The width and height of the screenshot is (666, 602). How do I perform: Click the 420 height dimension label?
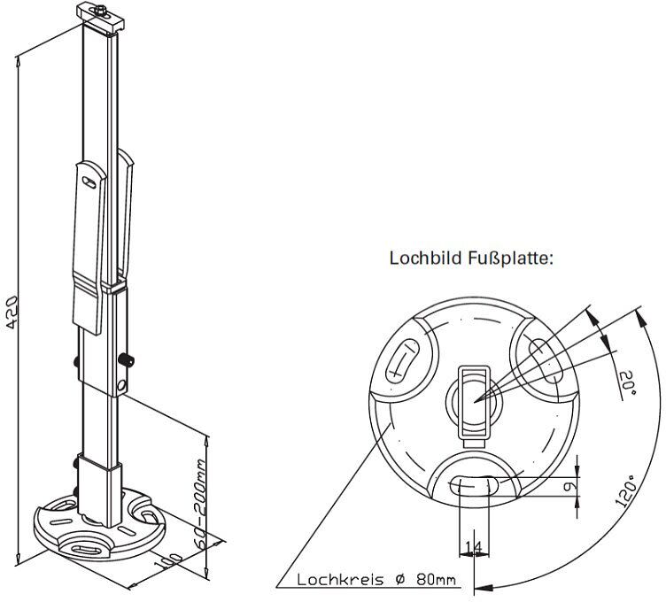(12, 312)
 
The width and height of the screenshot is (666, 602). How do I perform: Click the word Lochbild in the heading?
(426, 259)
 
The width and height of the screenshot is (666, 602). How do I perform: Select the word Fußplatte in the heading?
(510, 259)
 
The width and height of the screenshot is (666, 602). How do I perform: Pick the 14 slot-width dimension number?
(473, 548)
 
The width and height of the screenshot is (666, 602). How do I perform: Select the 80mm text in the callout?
(437, 580)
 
